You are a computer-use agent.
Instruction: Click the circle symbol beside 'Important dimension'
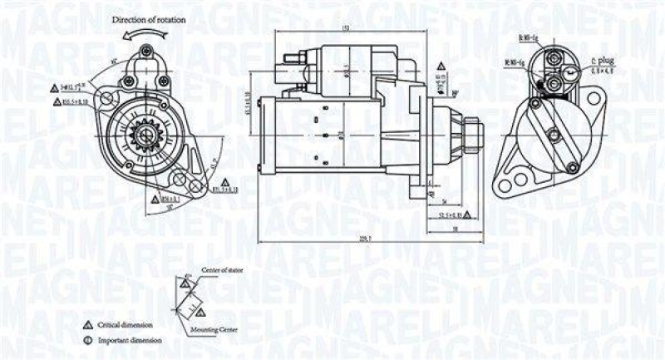pyautogui.click(x=86, y=340)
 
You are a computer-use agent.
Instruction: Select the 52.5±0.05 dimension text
pyautogui.click(x=449, y=214)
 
